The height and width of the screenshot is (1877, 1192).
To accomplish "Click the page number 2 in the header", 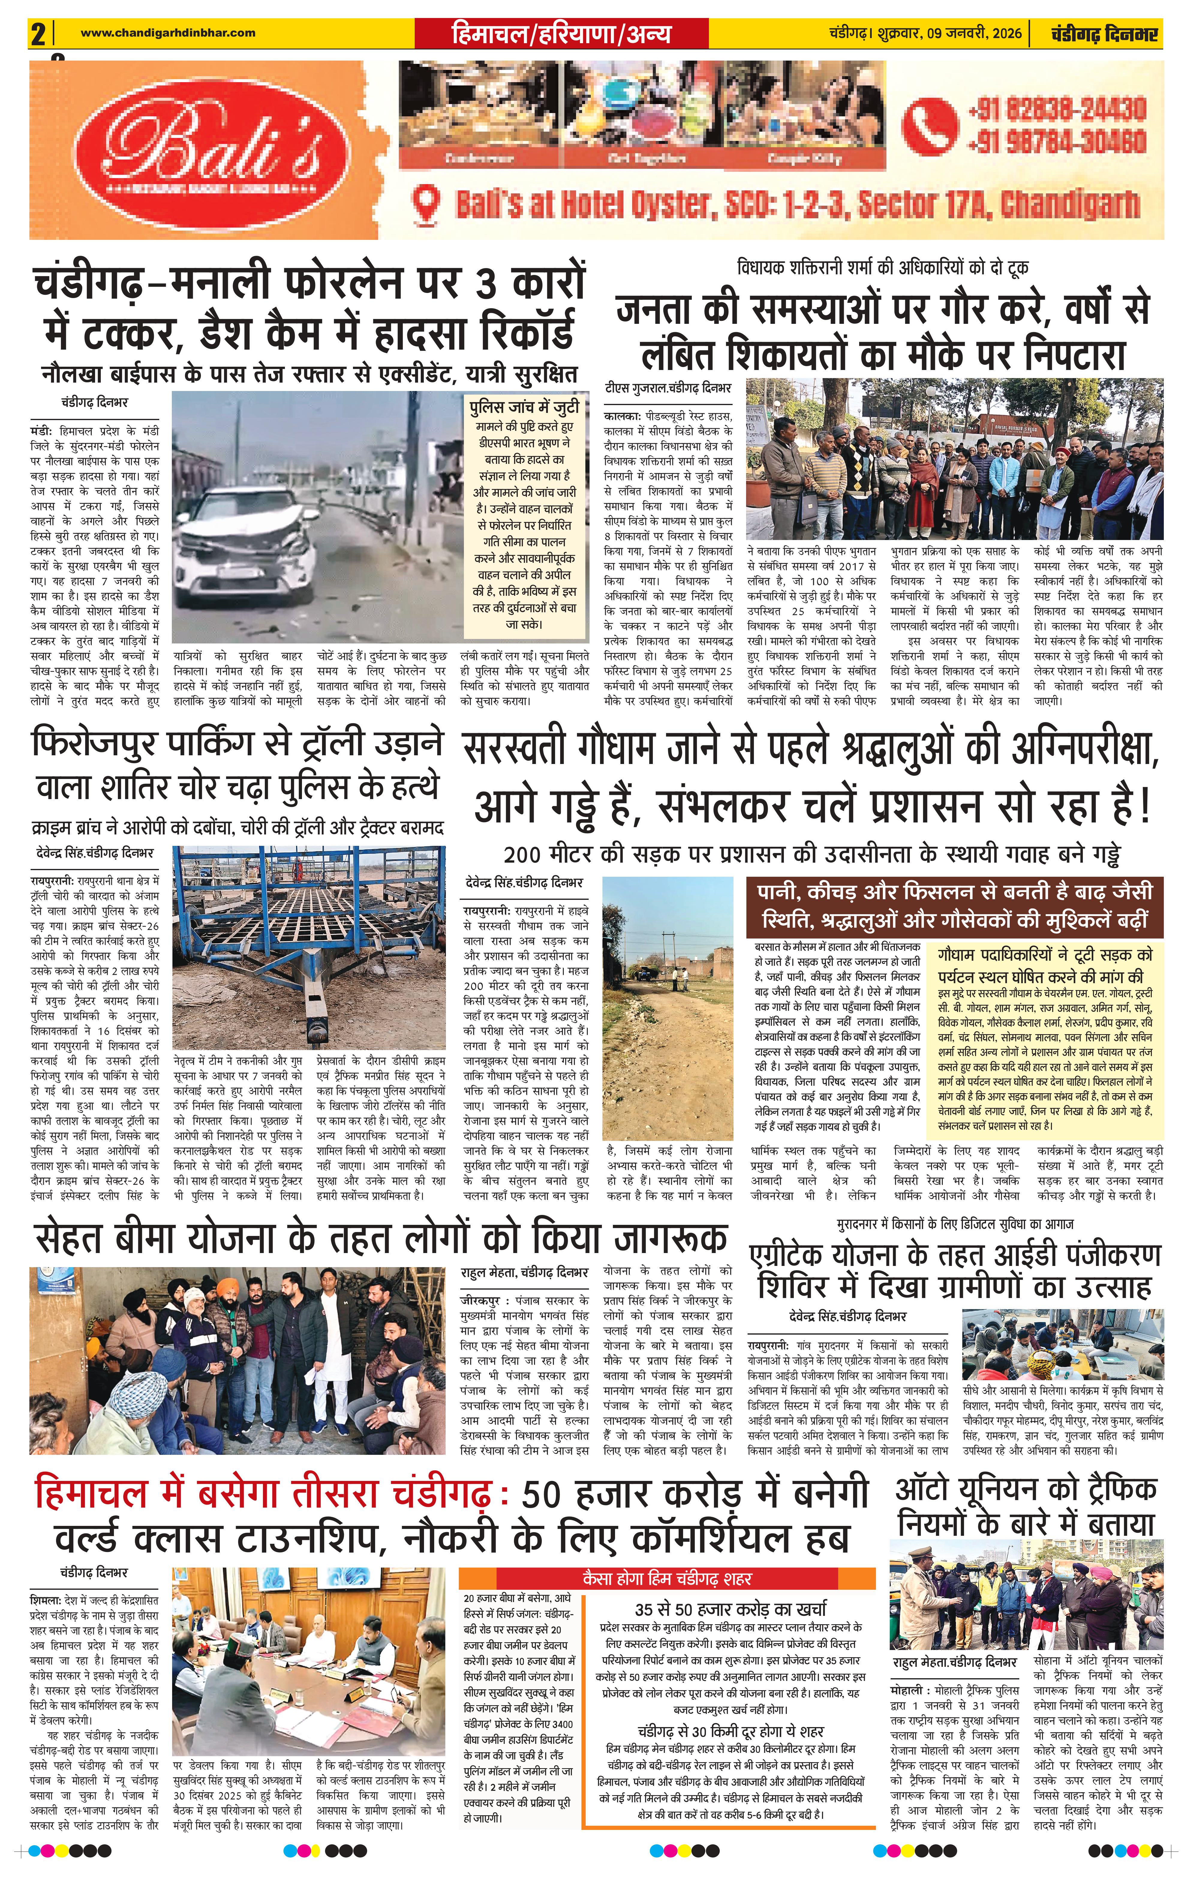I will (x=37, y=34).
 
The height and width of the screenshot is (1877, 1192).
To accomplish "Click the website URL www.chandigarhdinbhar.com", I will (x=168, y=33).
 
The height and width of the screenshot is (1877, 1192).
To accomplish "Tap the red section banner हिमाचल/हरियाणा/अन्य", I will (x=561, y=34).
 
